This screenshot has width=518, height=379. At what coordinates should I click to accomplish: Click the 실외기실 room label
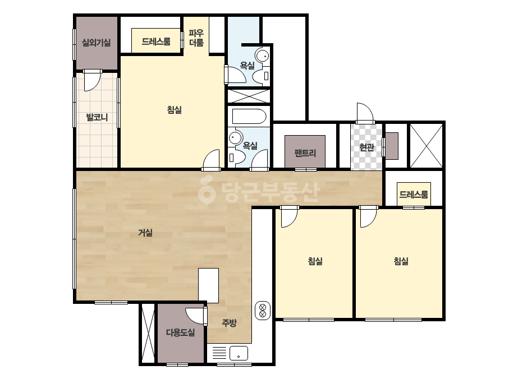[x=96, y=43]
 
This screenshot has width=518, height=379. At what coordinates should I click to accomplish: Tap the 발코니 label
[x=97, y=117]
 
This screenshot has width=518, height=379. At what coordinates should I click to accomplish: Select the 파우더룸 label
[x=196, y=38]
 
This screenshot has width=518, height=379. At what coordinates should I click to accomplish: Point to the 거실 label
[x=145, y=233]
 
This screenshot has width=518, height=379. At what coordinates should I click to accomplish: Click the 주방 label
[x=230, y=322]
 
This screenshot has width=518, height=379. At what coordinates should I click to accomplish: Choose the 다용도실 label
[x=180, y=332]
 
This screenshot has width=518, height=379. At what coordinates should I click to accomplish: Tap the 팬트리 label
[x=305, y=153]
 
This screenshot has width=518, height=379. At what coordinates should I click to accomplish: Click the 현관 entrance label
[x=366, y=147]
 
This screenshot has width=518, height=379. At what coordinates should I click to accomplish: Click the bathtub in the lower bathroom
[x=249, y=117]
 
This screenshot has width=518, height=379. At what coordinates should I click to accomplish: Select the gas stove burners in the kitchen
[x=263, y=311]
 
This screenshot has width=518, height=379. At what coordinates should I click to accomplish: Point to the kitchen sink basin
[x=239, y=353]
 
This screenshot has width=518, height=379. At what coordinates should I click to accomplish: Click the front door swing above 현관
[x=365, y=112]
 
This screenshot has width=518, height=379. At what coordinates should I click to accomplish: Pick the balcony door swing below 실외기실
[x=92, y=81]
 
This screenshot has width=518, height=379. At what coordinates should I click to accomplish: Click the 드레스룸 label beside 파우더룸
[x=156, y=41]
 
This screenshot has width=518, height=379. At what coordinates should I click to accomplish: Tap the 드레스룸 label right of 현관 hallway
[x=414, y=194]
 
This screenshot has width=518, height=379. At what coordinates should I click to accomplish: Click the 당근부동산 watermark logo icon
[x=207, y=190]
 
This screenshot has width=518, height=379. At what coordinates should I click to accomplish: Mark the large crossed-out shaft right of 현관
[x=426, y=146]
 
